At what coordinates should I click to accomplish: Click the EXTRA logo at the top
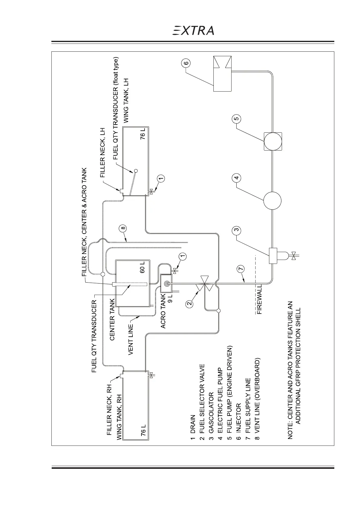pyautogui.click(x=193, y=31)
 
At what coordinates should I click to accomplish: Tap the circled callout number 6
pyautogui.click(x=186, y=63)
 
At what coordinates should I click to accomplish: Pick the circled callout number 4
pyautogui.click(x=237, y=178)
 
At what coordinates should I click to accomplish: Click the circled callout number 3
pyautogui.click(x=237, y=230)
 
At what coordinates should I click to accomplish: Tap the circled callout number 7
pyautogui.click(x=241, y=269)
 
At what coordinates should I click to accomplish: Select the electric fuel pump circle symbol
pyautogui.click(x=272, y=200)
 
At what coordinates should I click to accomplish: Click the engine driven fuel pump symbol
pyautogui.click(x=273, y=141)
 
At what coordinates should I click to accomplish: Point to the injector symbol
pyautogui.click(x=222, y=73)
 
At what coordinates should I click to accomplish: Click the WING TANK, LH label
pyautogui.click(x=127, y=101)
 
